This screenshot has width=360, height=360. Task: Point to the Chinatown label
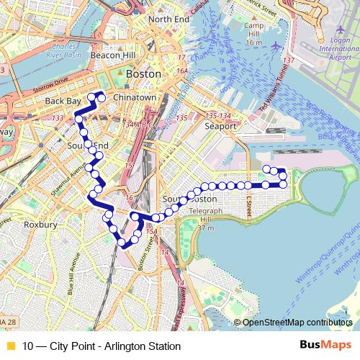(135, 96)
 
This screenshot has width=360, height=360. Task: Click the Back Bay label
(60, 102)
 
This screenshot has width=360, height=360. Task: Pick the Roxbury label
(40, 225)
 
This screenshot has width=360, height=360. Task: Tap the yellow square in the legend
(10, 346)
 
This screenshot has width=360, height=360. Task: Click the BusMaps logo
(325, 346)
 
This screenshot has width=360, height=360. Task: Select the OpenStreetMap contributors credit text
(297, 323)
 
